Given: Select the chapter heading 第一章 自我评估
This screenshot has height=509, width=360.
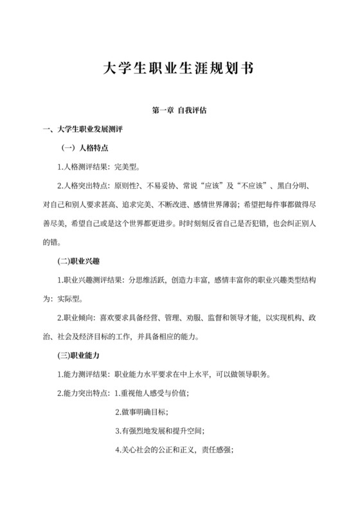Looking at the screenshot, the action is click(x=179, y=111).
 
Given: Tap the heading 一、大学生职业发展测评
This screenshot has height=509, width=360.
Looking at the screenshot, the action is click(x=87, y=130).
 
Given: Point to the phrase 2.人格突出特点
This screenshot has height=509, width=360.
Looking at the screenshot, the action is click(x=84, y=186).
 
